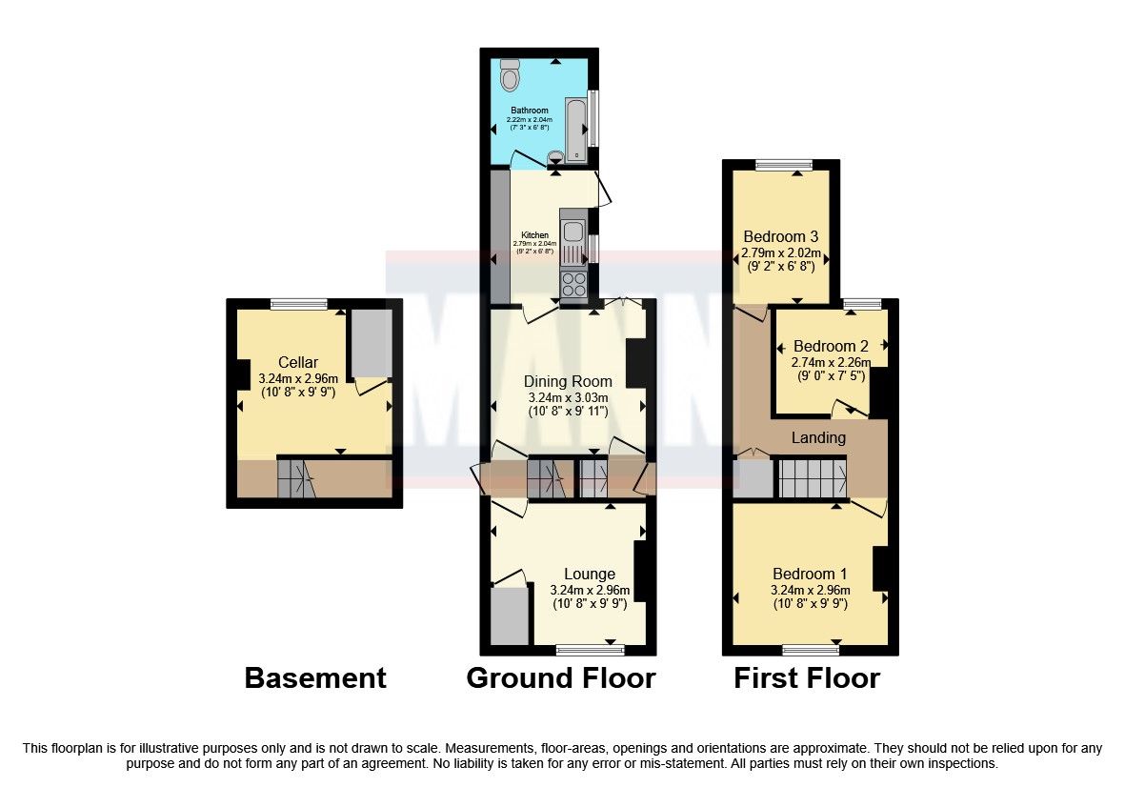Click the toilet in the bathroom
(x=511, y=72)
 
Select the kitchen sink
(x=572, y=232)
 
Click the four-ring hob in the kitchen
(x=574, y=284)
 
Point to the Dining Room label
(x=568, y=381)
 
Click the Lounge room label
(x=589, y=574)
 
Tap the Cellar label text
(x=297, y=362)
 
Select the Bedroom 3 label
(x=781, y=236)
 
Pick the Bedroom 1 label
(x=809, y=574)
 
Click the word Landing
(x=819, y=438)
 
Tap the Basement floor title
(x=315, y=677)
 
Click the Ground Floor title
(x=560, y=677)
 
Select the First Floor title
(x=806, y=677)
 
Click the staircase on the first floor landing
(x=813, y=477)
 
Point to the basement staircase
(x=294, y=478)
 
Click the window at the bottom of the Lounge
(x=590, y=650)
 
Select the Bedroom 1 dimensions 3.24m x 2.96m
(x=809, y=590)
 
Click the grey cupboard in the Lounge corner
(x=510, y=615)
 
